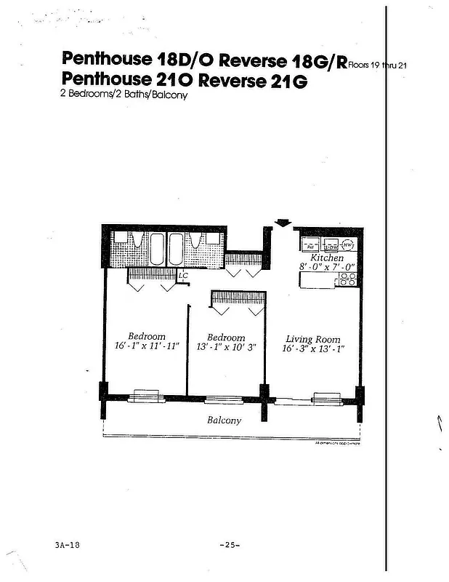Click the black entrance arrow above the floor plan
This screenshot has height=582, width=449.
(283, 223)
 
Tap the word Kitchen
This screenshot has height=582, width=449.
(326, 258)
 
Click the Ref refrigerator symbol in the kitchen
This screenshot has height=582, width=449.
(309, 245)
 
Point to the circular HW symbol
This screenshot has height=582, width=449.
(348, 245)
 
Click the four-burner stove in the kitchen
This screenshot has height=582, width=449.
(347, 279)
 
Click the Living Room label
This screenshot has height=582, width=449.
(312, 339)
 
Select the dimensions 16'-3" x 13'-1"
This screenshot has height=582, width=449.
(312, 348)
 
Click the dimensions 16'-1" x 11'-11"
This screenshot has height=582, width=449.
(147, 346)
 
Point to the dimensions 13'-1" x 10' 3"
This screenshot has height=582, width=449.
(226, 347)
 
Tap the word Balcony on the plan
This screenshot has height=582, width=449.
(224, 420)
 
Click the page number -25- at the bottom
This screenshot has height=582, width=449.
(229, 545)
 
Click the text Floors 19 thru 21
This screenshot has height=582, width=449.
(378, 65)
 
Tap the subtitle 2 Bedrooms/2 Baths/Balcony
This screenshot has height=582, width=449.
(124, 95)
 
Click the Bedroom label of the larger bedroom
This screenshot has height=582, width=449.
(147, 336)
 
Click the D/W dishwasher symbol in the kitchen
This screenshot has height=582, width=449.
(331, 245)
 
